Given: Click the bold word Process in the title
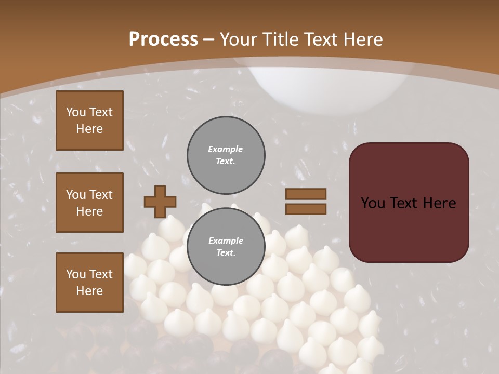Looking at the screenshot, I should pyautogui.click(x=163, y=39).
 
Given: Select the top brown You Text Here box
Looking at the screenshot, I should pyautogui.click(x=89, y=121).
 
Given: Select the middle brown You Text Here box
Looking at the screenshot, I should pyautogui.click(x=89, y=203).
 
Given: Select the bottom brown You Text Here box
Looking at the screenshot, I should pyautogui.click(x=89, y=283).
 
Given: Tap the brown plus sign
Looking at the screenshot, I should pyautogui.click(x=160, y=202).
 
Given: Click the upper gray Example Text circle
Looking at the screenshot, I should pyautogui.click(x=226, y=155).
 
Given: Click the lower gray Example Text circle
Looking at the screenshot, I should pyautogui.click(x=226, y=247).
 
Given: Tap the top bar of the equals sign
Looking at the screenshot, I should pyautogui.click(x=306, y=194).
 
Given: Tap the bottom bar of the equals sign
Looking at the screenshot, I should pyautogui.click(x=306, y=209).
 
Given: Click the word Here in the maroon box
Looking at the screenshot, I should pyautogui.click(x=439, y=203).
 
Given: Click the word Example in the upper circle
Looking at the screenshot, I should pyautogui.click(x=225, y=149).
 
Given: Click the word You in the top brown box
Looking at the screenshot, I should pyautogui.click(x=75, y=112).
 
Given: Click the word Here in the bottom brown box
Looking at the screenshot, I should pyautogui.click(x=89, y=291).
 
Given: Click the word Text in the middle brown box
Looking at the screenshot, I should pyautogui.click(x=101, y=195).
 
